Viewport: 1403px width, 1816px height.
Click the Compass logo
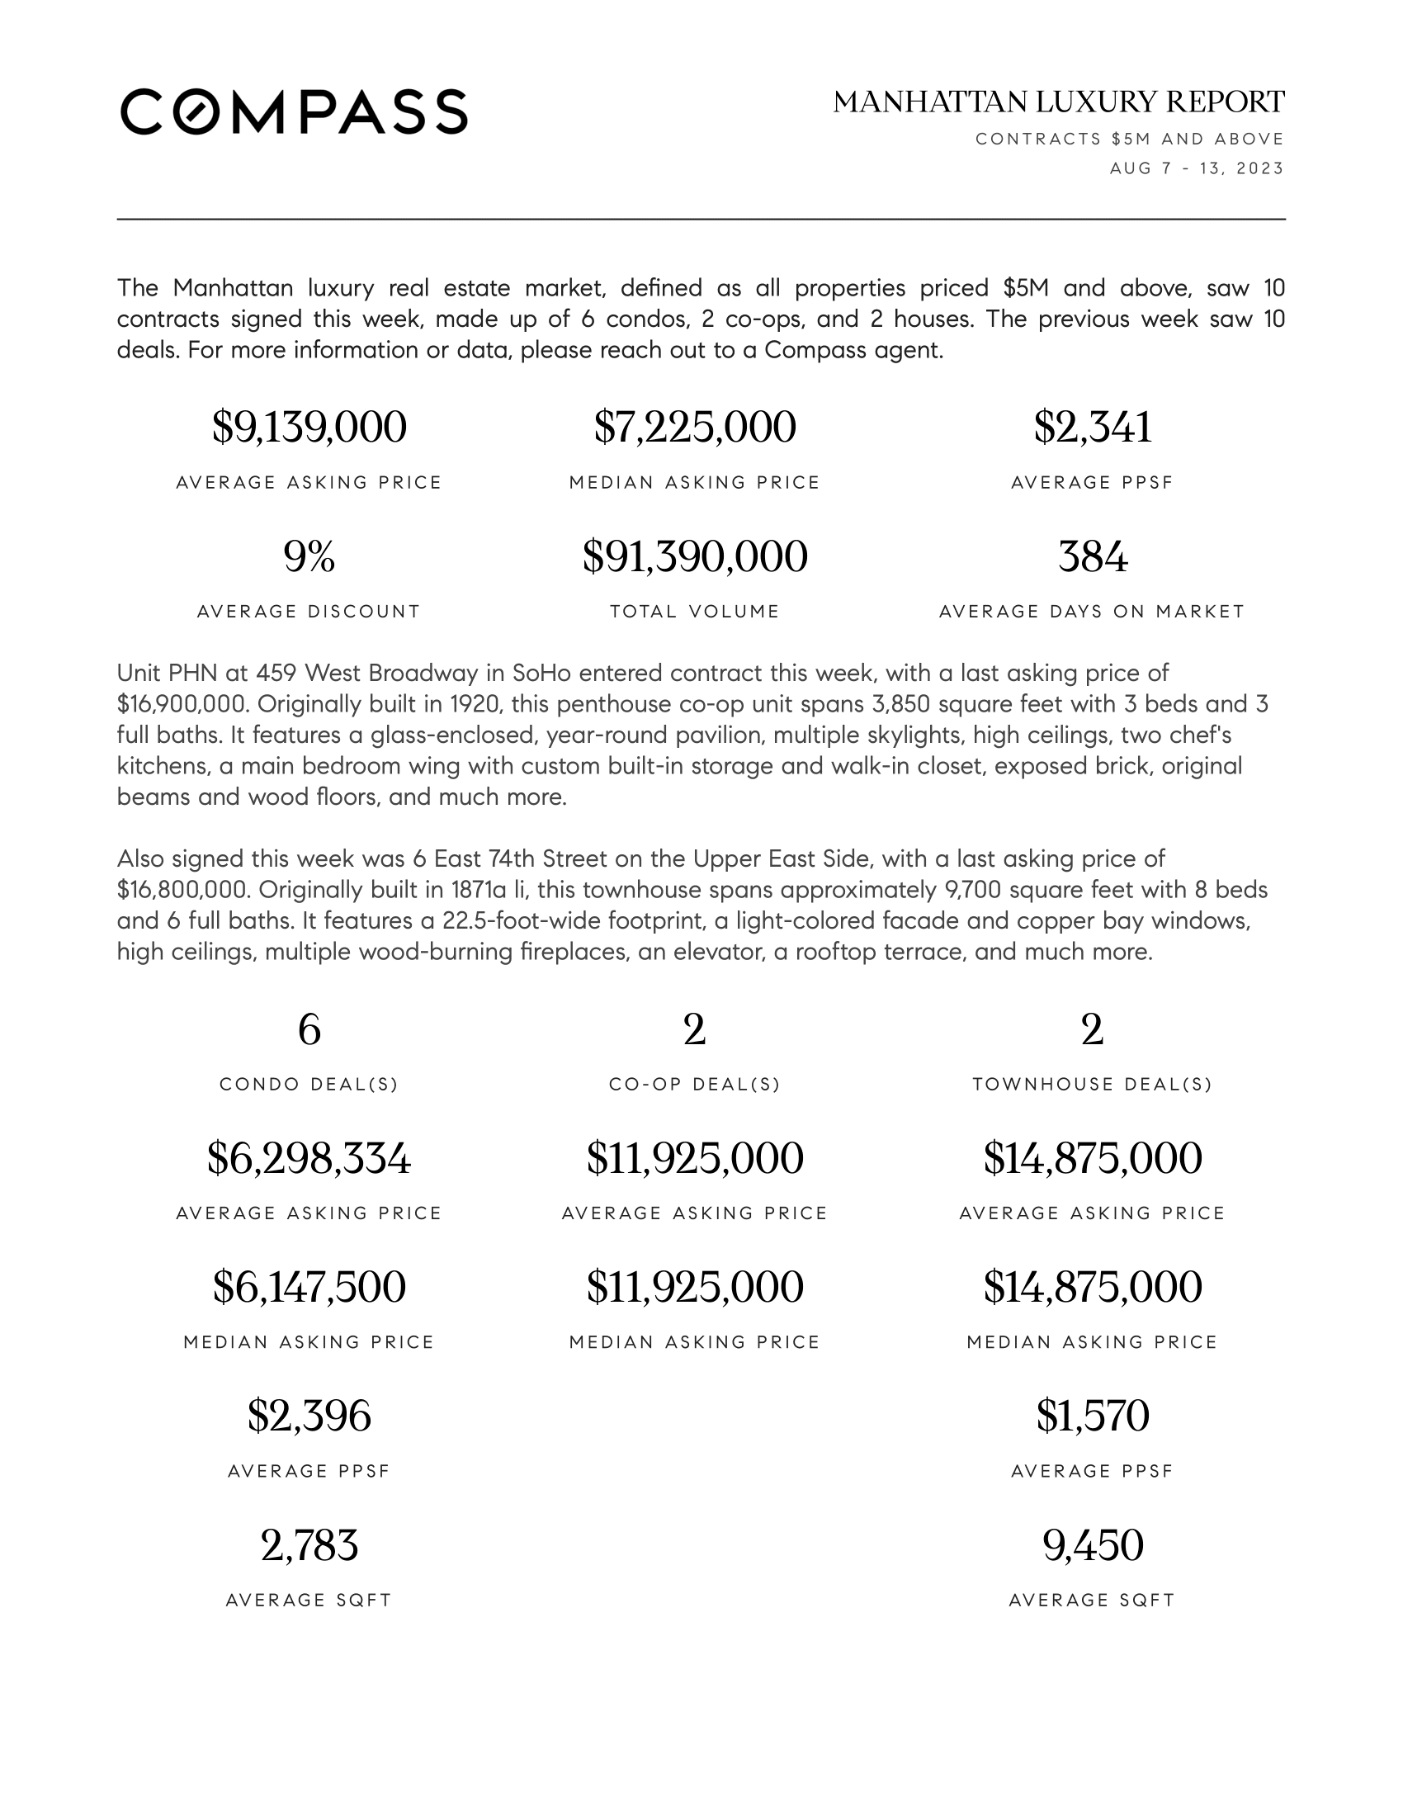[x=294, y=111]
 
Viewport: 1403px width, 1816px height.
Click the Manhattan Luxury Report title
[x=1058, y=102]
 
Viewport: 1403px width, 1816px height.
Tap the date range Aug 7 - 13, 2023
[x=1196, y=168]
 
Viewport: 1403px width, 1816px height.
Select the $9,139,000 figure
[x=309, y=428]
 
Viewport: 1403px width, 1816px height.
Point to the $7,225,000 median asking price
[x=695, y=428]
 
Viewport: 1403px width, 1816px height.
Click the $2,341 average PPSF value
[x=1092, y=428]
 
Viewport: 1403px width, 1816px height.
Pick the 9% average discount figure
[x=309, y=556]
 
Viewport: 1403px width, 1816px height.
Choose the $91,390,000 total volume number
[x=695, y=556]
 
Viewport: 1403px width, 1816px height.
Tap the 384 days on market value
[x=1092, y=556]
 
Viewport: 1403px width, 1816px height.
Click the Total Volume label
[x=695, y=612]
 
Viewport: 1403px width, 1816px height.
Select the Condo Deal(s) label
[x=309, y=1085]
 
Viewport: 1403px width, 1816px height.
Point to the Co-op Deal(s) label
[x=695, y=1085]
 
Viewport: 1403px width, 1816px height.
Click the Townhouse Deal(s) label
[x=1092, y=1085]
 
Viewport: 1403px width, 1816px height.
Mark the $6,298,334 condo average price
[x=309, y=1158]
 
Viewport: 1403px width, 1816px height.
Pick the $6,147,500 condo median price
[x=309, y=1287]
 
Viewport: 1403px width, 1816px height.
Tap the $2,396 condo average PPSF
[x=309, y=1416]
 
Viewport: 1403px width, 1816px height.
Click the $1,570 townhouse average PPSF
[x=1092, y=1416]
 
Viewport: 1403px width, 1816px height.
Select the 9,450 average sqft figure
[x=1092, y=1545]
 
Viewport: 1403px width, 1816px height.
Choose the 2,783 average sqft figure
[x=309, y=1545]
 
